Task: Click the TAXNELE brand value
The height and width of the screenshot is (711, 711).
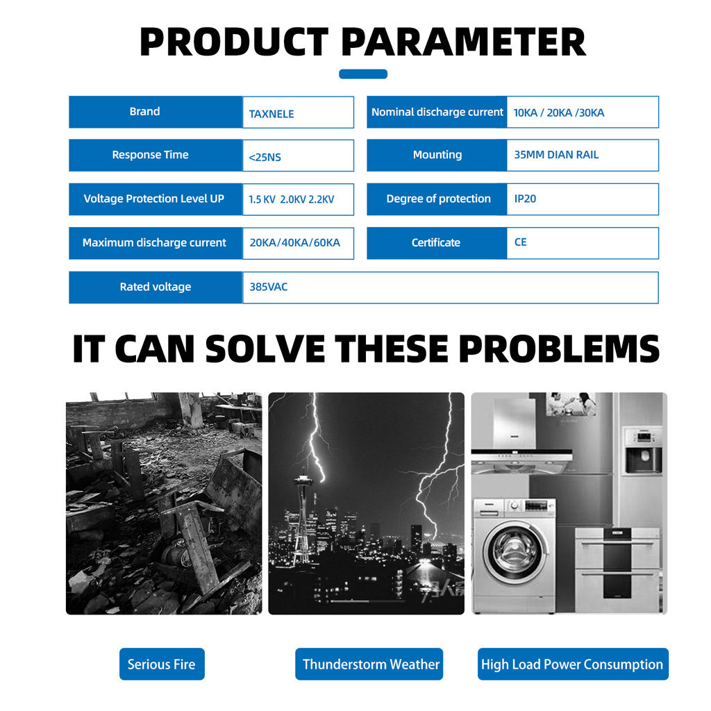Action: [271, 114]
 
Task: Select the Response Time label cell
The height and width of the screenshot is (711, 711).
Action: [156, 155]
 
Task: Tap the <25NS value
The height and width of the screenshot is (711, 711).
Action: [265, 158]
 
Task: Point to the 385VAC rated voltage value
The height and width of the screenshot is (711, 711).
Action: [269, 287]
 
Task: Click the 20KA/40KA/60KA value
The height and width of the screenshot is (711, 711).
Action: [294, 242]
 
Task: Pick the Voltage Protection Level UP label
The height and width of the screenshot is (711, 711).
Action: [153, 199]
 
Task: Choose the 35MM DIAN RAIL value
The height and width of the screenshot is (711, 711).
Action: [556, 155]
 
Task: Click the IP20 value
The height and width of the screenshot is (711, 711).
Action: [525, 199]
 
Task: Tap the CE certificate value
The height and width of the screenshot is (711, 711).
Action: [521, 242]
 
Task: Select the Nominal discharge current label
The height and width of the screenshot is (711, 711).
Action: [437, 112]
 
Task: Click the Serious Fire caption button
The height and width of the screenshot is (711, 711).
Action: [162, 664]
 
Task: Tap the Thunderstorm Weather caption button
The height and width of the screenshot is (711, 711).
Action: [369, 664]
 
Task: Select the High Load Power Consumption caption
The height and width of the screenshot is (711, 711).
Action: [573, 664]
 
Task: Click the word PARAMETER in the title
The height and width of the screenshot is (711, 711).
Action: [463, 42]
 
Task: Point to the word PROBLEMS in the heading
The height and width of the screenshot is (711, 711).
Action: [560, 349]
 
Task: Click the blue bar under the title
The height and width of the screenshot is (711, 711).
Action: [363, 74]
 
